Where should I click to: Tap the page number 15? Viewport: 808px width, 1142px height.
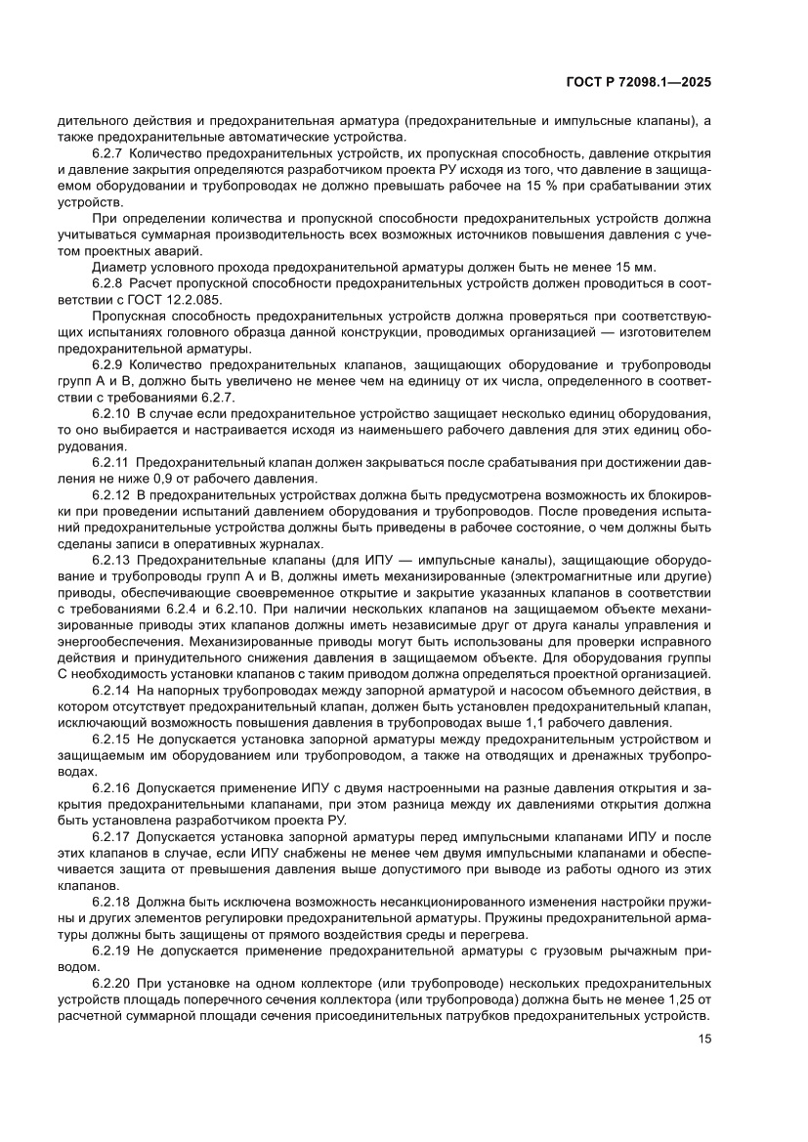[704, 1038]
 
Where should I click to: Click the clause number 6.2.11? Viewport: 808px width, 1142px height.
[110, 461]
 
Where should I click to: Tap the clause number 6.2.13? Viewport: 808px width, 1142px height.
[110, 558]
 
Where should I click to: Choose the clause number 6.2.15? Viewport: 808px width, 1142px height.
[110, 739]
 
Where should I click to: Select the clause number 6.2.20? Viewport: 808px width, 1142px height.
[110, 981]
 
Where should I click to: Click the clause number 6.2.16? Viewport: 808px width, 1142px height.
[110, 787]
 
